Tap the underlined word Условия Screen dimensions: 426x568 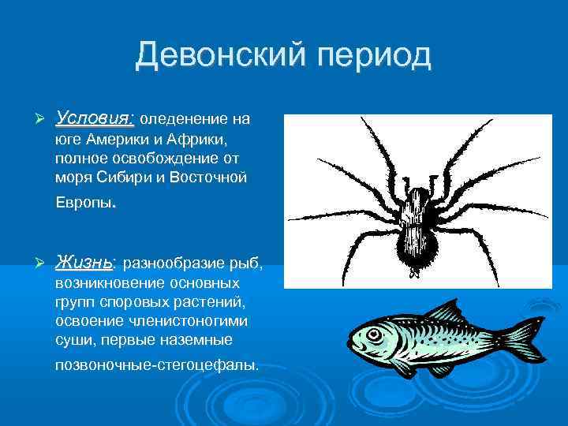(95, 119)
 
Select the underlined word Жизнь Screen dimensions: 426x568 (84, 262)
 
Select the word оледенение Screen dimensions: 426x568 (185, 121)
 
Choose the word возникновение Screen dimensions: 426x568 (106, 282)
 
